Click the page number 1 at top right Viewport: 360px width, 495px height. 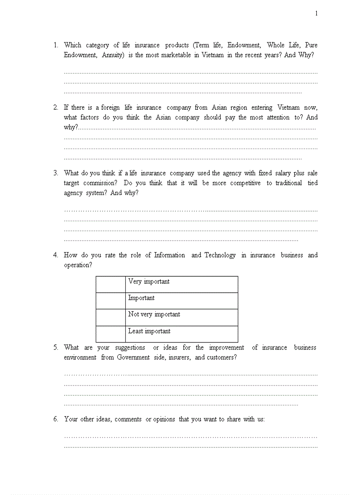[316, 14]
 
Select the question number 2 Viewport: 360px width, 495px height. [56, 107]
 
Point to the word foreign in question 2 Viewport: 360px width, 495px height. [110, 107]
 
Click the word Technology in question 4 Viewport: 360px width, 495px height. [220, 255]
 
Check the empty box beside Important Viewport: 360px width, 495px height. [111, 301]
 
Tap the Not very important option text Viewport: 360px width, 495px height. [154, 314]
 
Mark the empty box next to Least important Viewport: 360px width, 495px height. [111, 334]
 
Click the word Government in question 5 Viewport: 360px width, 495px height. [133, 357]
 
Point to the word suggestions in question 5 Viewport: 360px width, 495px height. [130, 347]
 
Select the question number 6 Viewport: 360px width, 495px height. [56, 419]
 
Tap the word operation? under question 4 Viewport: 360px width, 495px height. [78, 265]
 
